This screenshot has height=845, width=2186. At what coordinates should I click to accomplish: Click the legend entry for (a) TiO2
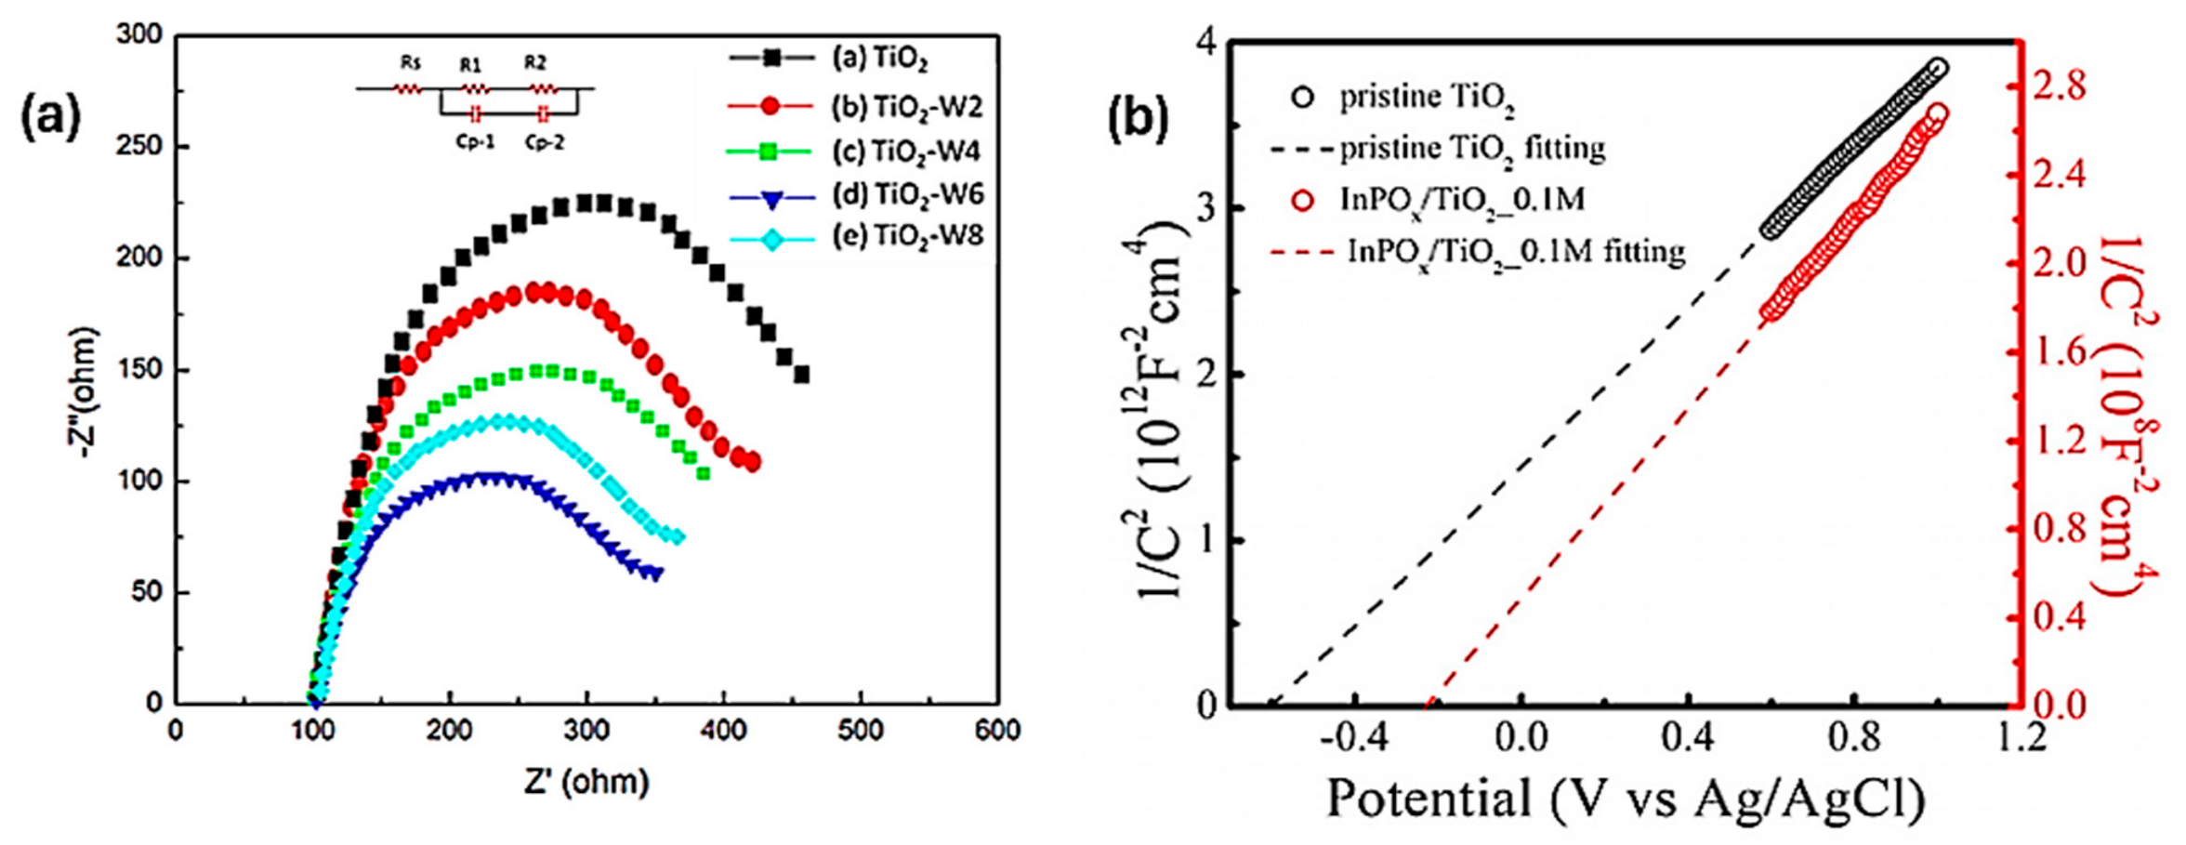(828, 59)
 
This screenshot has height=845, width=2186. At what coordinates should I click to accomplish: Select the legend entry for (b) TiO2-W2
(855, 107)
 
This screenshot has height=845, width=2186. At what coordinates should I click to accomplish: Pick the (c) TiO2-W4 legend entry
(855, 151)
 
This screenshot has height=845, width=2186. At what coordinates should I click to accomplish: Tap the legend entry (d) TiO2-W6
(855, 194)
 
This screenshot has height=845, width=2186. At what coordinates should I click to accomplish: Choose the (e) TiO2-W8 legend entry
(855, 237)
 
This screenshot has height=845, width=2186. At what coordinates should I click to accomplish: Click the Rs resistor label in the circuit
(410, 63)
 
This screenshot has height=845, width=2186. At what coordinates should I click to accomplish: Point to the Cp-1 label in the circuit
(474, 142)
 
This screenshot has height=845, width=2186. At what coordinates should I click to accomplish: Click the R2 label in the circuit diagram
(535, 63)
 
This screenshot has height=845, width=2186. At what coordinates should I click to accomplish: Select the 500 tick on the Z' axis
(860, 731)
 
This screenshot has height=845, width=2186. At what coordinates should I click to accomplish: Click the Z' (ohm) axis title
(586, 782)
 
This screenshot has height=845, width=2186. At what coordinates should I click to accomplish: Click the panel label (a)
(51, 118)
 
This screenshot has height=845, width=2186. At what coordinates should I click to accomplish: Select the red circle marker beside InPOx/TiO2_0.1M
(1303, 200)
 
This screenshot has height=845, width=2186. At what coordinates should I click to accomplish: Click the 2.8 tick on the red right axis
(2051, 87)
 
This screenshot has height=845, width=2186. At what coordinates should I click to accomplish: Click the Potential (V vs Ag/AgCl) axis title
(1626, 798)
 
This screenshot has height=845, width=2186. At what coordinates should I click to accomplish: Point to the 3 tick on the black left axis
(1205, 208)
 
